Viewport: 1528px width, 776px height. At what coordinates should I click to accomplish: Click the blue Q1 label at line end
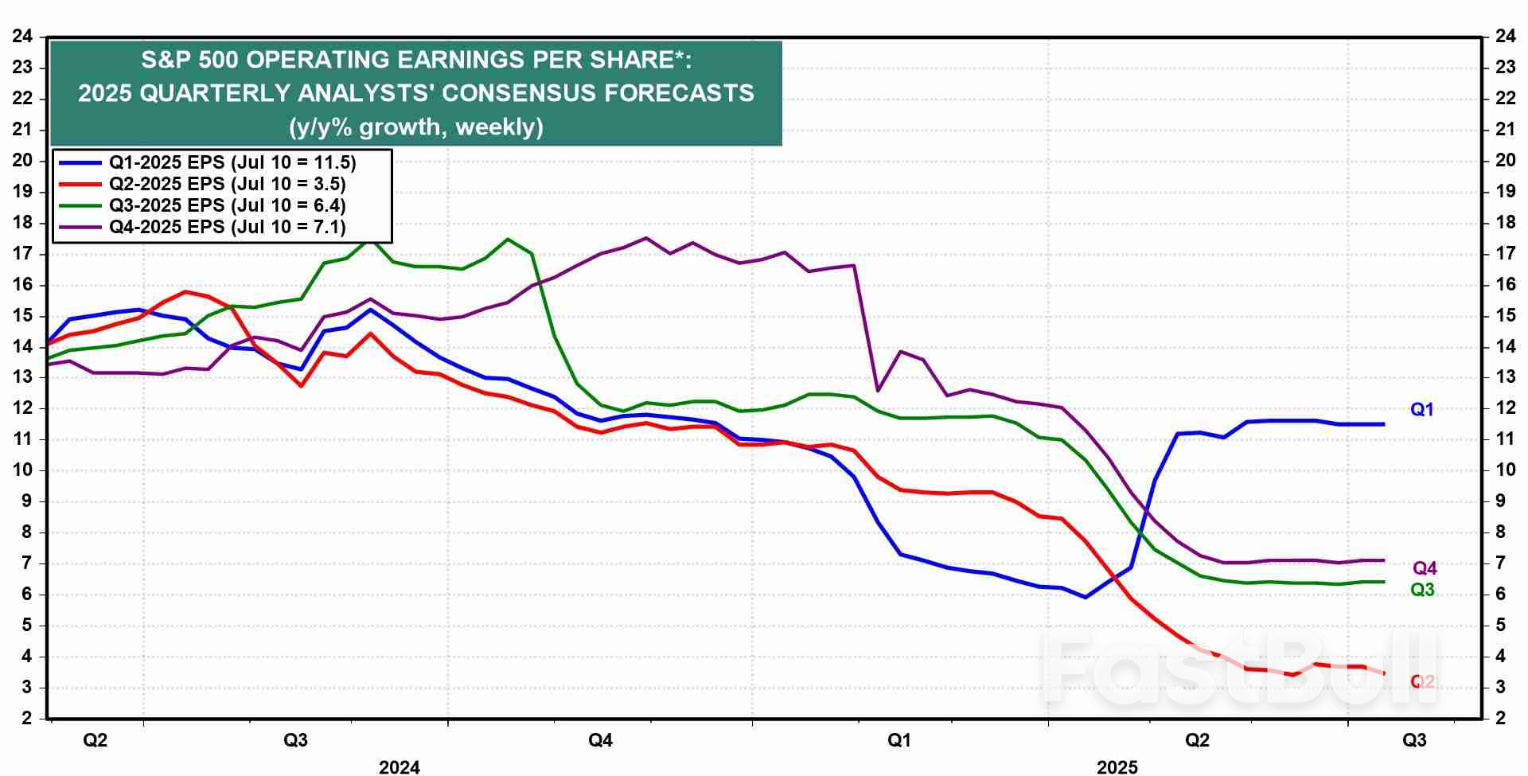[x=1421, y=410]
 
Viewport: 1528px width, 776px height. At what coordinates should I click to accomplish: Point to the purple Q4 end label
[x=1425, y=568]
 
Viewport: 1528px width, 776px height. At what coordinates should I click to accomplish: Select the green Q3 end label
[x=1422, y=590]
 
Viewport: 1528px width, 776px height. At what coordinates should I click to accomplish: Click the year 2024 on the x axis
[x=399, y=766]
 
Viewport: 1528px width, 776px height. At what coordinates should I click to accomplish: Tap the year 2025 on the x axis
[x=1117, y=766]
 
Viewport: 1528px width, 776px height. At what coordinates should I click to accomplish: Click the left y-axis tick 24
[x=22, y=36]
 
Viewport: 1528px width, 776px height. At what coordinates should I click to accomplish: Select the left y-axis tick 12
[x=22, y=408]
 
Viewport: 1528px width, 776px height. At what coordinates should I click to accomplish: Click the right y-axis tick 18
[x=1505, y=222]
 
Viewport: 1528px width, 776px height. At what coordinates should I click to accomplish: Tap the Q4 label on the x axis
[x=600, y=741]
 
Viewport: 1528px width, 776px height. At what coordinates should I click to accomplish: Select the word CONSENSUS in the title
[x=517, y=93]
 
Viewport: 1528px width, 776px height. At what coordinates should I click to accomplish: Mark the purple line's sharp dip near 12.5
[x=877, y=391]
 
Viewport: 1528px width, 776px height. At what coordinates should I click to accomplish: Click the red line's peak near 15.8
[x=185, y=292]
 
